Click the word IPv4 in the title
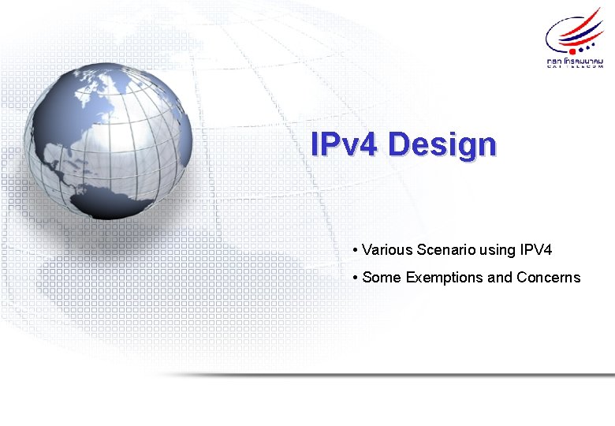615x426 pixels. point(345,144)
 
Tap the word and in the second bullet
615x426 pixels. point(501,278)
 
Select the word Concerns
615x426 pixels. point(549,278)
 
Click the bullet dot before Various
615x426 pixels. point(356,251)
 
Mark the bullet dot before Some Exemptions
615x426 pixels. point(356,278)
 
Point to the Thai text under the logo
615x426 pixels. point(575,59)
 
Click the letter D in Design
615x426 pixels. point(401,145)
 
